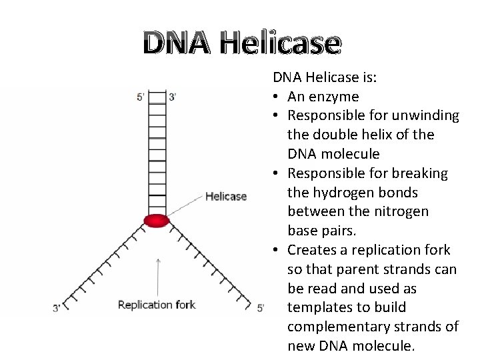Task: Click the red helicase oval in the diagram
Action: (157, 221)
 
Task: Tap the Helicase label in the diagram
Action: (226, 196)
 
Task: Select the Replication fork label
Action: (157, 305)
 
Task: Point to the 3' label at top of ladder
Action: (173, 97)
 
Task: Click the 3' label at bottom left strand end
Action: (58, 308)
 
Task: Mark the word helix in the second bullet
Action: (376, 135)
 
